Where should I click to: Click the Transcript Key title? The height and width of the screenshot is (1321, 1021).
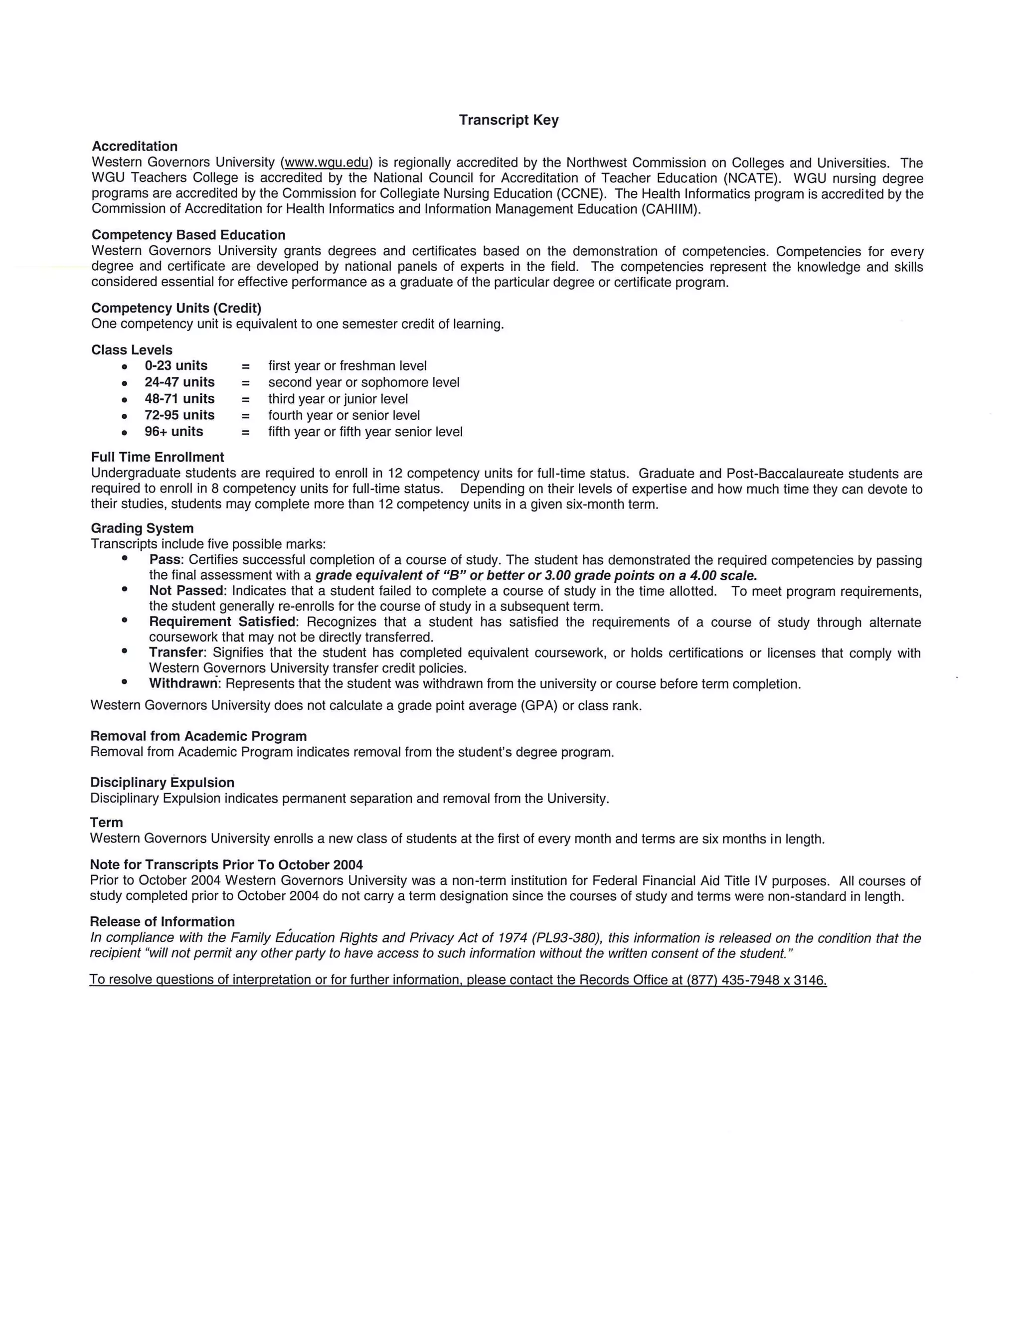tap(508, 120)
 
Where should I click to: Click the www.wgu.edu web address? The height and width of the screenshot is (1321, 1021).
tap(326, 163)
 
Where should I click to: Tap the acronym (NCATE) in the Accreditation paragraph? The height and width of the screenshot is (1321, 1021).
tap(748, 178)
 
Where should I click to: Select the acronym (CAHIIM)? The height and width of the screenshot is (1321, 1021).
tap(670, 209)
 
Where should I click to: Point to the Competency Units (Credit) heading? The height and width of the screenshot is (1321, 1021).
tap(176, 309)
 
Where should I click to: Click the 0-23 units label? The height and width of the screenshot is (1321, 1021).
tap(175, 366)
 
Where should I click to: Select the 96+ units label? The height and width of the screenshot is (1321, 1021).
tap(173, 432)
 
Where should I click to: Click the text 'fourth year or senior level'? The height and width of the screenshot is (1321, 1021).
tap(343, 416)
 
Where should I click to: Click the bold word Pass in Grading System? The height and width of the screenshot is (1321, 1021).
tap(165, 560)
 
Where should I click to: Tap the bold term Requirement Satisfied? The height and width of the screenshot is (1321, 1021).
tap(222, 622)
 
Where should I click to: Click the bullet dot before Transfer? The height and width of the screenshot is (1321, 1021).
tap(125, 651)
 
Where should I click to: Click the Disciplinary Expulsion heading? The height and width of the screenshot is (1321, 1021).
tap(162, 783)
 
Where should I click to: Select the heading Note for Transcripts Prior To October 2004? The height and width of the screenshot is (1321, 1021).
tap(226, 865)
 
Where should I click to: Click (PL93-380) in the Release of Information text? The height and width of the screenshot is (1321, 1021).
tap(567, 938)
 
